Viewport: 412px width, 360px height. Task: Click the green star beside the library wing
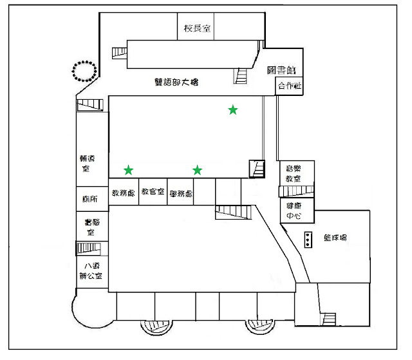click(x=233, y=110)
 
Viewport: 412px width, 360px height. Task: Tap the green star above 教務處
click(x=129, y=170)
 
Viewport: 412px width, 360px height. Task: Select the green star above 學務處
click(x=197, y=170)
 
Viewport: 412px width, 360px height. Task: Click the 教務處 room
click(x=123, y=193)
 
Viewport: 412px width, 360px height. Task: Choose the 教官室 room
click(x=153, y=193)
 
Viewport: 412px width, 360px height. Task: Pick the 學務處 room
click(x=181, y=193)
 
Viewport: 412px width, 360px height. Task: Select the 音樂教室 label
click(x=294, y=173)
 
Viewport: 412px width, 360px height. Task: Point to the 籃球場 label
click(x=335, y=238)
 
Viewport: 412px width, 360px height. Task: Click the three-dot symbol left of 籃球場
click(x=309, y=240)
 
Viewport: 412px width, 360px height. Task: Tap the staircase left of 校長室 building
click(x=120, y=53)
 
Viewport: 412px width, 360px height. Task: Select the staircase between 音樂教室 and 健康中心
click(x=295, y=191)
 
